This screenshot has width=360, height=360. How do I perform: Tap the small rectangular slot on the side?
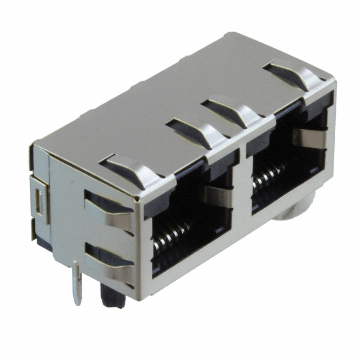(x=39, y=202)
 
